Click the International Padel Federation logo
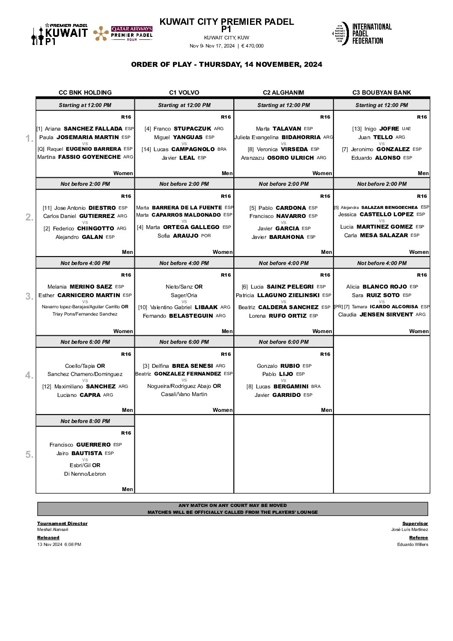[362, 33]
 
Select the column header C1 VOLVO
[184, 92]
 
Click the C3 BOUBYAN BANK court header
[381, 92]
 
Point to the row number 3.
[29, 296]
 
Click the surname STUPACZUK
[192, 128]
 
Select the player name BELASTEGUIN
[191, 316]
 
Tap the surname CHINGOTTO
[95, 228]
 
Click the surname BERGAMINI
[291, 386]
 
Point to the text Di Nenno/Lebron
[85, 474]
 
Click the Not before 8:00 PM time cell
[85, 421]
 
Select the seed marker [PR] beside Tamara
[338, 307]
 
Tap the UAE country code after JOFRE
[406, 128]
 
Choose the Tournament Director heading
[62, 523]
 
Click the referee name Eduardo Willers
[412, 544]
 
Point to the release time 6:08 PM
[73, 544]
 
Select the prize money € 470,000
[252, 46]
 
